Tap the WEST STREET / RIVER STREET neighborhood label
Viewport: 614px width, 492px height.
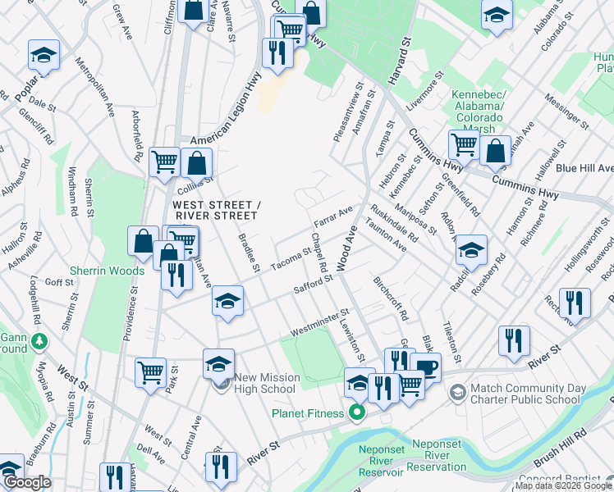click(x=215, y=210)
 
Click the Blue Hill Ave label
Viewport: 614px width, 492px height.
click(x=584, y=168)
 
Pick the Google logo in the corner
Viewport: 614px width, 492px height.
click(x=26, y=482)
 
